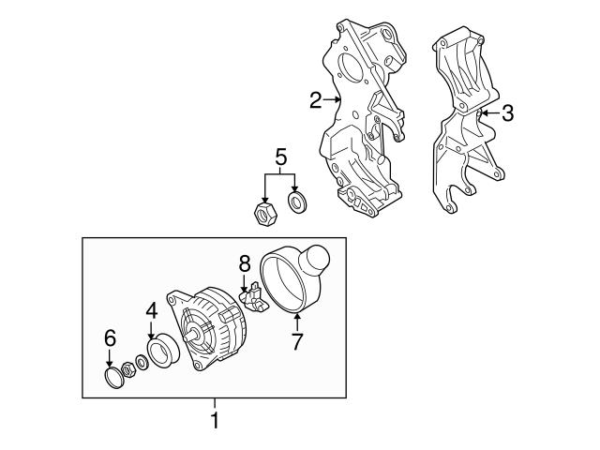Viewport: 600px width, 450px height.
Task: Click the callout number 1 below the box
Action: coord(215,420)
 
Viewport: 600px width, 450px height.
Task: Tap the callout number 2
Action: coord(316,100)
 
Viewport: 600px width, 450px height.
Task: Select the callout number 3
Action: coord(507,112)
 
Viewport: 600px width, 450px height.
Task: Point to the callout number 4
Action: coord(152,310)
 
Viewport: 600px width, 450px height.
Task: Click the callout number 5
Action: coord(280,157)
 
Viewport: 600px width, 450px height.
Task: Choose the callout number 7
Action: coord(297,341)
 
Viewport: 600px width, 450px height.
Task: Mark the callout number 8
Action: coord(244,264)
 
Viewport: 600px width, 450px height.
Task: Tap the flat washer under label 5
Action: coord(297,202)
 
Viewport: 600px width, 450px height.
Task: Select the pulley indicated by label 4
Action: coord(164,349)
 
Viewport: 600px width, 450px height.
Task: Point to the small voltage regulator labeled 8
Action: coord(253,297)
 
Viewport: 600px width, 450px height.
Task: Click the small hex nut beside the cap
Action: coord(127,370)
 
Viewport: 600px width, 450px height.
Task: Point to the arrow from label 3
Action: coord(490,112)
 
